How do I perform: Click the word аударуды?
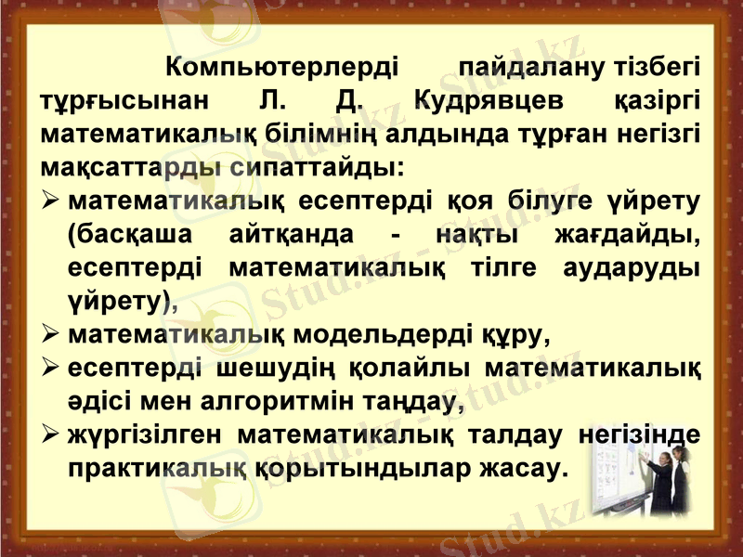point(632,267)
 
